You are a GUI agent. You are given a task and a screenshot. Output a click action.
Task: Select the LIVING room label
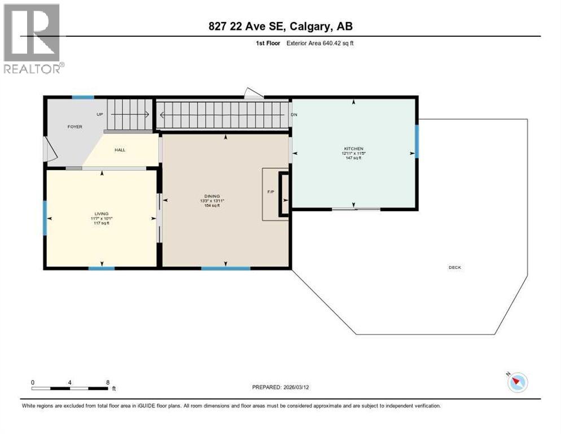pos(102,213)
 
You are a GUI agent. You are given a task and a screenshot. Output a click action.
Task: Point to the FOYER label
pos(75,127)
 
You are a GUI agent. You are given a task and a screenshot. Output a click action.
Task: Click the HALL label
pos(120,150)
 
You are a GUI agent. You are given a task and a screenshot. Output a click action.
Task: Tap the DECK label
pos(454,267)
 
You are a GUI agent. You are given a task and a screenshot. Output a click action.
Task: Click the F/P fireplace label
pos(270,192)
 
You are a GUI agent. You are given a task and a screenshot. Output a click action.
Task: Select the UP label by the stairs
pos(100,114)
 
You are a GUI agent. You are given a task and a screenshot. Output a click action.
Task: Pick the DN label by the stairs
pos(293,114)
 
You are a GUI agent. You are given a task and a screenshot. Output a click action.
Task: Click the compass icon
pos(517,383)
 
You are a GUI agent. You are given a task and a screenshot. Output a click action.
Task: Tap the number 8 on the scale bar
pos(107,383)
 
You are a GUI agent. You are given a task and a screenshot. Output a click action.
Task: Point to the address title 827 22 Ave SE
pos(280,26)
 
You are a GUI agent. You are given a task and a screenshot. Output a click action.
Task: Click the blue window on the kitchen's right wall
pos(417,141)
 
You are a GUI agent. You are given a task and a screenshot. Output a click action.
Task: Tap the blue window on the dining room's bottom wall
pos(226,268)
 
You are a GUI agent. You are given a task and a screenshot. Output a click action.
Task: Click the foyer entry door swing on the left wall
pos(50,150)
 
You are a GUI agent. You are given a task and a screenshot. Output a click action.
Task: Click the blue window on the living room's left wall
pos(45,218)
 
